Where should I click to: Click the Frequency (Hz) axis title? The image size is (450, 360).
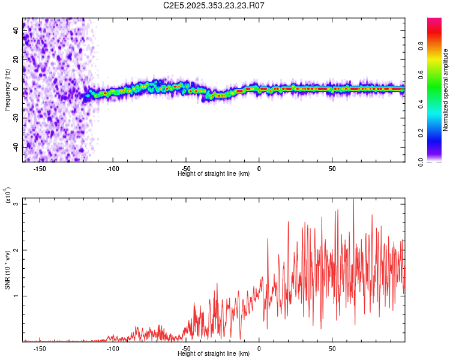7,90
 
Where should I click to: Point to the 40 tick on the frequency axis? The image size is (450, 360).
17,32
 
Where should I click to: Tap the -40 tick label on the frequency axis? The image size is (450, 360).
17,147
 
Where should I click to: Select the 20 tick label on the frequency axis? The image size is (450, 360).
17,61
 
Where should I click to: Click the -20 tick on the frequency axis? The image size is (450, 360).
17,118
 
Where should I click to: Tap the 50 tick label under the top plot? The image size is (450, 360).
332,169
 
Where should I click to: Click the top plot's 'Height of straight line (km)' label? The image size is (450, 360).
214,174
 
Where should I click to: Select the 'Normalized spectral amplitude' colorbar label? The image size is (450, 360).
446,90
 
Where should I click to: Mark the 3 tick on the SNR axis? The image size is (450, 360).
17,205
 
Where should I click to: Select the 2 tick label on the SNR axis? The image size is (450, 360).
17,250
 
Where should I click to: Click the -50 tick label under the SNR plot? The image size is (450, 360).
186,348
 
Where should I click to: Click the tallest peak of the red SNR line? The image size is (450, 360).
353,200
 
